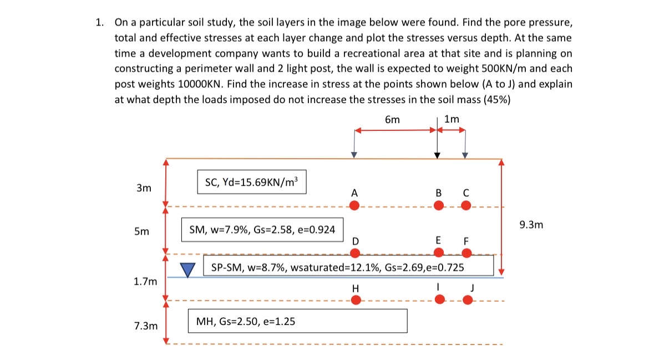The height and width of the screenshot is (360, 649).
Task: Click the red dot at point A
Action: [355, 206]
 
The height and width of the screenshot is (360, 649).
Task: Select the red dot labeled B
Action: [439, 206]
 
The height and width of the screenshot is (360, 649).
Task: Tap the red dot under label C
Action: [466, 206]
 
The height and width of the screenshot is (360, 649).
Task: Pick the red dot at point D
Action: [355, 253]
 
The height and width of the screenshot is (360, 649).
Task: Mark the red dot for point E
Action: [439, 253]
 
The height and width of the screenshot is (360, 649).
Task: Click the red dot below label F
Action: [467, 253]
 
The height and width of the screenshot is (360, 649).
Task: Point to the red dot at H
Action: [356, 300]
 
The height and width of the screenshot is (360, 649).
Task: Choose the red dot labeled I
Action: [439, 300]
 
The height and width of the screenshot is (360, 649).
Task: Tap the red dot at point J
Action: [468, 300]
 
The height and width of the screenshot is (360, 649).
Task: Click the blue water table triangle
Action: [189, 270]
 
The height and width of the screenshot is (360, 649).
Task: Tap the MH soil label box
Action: [298, 321]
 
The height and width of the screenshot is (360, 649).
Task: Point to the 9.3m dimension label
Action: [531, 225]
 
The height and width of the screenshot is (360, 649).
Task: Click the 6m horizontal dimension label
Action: [392, 119]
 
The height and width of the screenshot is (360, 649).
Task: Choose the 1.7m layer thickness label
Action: [145, 282]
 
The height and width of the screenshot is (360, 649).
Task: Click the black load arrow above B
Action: [437, 144]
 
